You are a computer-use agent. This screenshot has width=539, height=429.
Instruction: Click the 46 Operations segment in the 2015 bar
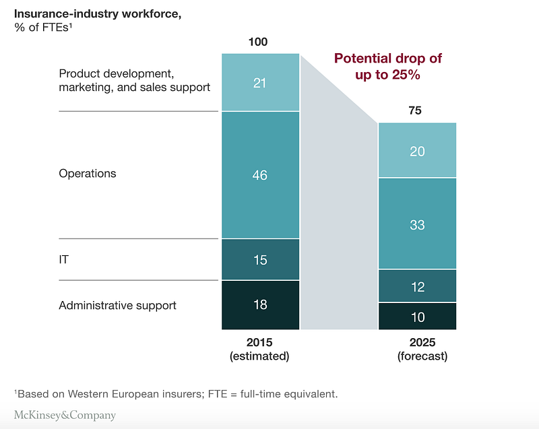(260, 175)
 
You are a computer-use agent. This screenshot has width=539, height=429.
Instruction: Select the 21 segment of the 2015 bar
(260, 82)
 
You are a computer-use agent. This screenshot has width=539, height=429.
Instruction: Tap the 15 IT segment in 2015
(260, 259)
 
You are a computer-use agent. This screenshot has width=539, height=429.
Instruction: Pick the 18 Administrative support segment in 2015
(260, 304)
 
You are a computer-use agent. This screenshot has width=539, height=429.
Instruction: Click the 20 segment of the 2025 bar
(417, 151)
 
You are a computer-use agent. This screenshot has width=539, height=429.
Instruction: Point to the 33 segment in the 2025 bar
(417, 224)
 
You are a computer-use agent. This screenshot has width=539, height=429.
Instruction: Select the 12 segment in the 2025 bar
(417, 286)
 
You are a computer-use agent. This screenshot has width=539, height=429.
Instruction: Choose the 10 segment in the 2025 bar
(417, 317)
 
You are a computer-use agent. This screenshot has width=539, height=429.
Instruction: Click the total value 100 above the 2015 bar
(258, 42)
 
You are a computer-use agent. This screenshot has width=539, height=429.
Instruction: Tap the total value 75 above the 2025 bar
(415, 110)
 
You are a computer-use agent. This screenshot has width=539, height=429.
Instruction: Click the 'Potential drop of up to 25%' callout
(388, 67)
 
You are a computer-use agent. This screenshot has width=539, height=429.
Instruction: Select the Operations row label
(88, 174)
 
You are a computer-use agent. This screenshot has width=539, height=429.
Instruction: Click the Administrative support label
(117, 305)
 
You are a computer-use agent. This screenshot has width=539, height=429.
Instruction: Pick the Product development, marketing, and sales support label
(135, 80)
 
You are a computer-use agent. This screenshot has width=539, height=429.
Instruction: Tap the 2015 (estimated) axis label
(259, 349)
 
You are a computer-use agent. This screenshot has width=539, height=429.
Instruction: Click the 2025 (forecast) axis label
(417, 349)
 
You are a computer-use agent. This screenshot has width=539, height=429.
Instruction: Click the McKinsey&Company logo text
(65, 415)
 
